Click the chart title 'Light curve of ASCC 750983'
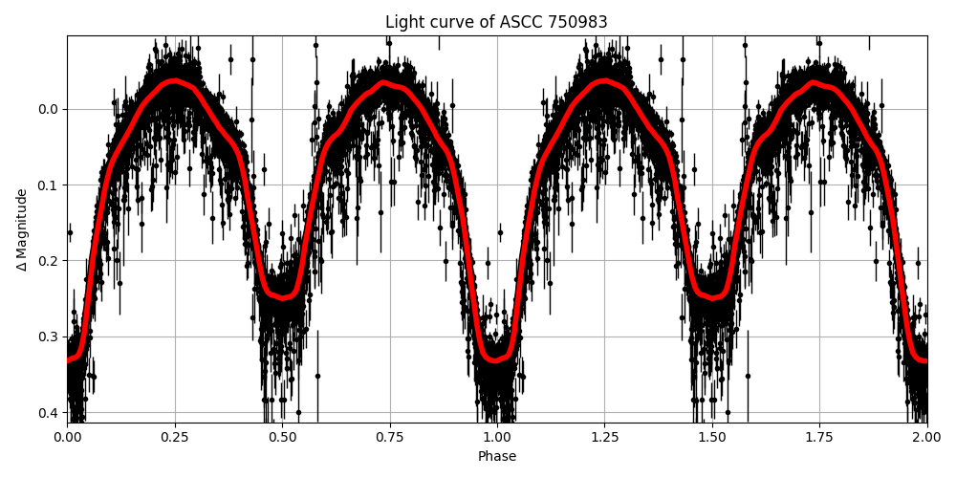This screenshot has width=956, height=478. pyautogui.click(x=496, y=22)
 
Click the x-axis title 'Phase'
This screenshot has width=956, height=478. pyautogui.click(x=497, y=457)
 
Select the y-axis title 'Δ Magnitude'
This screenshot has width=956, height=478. pyautogui.click(x=22, y=229)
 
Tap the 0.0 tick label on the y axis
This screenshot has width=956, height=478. pyautogui.click(x=48, y=109)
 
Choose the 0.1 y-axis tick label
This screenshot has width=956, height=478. pyautogui.click(x=48, y=185)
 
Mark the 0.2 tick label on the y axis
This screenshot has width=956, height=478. pyautogui.click(x=48, y=261)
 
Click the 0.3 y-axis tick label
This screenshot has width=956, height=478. pyautogui.click(x=48, y=337)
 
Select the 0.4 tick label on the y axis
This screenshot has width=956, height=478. pyautogui.click(x=48, y=413)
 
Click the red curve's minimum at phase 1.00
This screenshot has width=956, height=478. pyautogui.click(x=497, y=360)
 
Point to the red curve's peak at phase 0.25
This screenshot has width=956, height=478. pyautogui.click(x=174, y=81)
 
